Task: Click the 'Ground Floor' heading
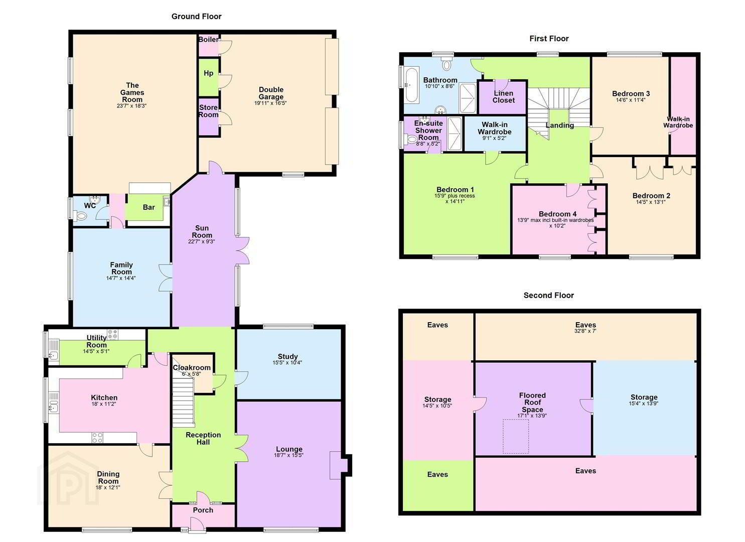point(196,16)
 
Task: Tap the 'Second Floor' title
point(549,295)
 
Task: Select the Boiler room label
point(209,39)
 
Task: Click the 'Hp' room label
point(209,73)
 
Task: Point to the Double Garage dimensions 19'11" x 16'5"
point(270,103)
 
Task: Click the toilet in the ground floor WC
point(80,216)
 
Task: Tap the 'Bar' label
point(148,207)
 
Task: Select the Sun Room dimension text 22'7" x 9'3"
point(202,241)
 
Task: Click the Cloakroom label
point(192,368)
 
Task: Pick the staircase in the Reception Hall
point(183,402)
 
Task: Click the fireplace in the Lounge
point(340,465)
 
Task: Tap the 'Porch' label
point(203,510)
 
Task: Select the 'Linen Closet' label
point(504,97)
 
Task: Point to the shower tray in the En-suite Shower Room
point(455,134)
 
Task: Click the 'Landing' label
point(560,125)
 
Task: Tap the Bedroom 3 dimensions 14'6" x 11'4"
point(631,100)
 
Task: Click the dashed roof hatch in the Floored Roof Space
point(516,436)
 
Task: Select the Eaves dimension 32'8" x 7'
point(585,331)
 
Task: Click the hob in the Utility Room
point(112,335)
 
